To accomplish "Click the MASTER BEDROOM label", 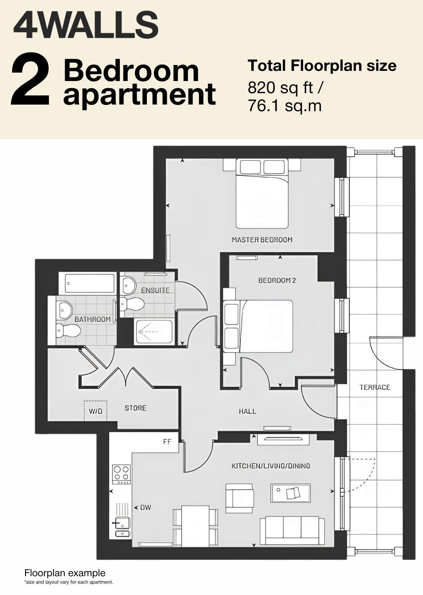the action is (x=262, y=240).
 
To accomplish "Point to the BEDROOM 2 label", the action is (x=277, y=280).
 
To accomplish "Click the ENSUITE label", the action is (x=155, y=290).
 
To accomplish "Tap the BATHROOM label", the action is (x=92, y=319).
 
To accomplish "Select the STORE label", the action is (x=136, y=408).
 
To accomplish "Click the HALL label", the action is (x=248, y=411).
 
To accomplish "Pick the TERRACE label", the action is (x=375, y=387).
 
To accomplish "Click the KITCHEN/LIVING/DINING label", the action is (x=271, y=466).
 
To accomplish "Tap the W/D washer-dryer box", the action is (x=96, y=411).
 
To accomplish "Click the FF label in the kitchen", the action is (x=167, y=442).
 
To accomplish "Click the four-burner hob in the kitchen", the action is (x=122, y=474).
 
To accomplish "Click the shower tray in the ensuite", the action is (x=154, y=332).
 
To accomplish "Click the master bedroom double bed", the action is (x=262, y=193).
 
